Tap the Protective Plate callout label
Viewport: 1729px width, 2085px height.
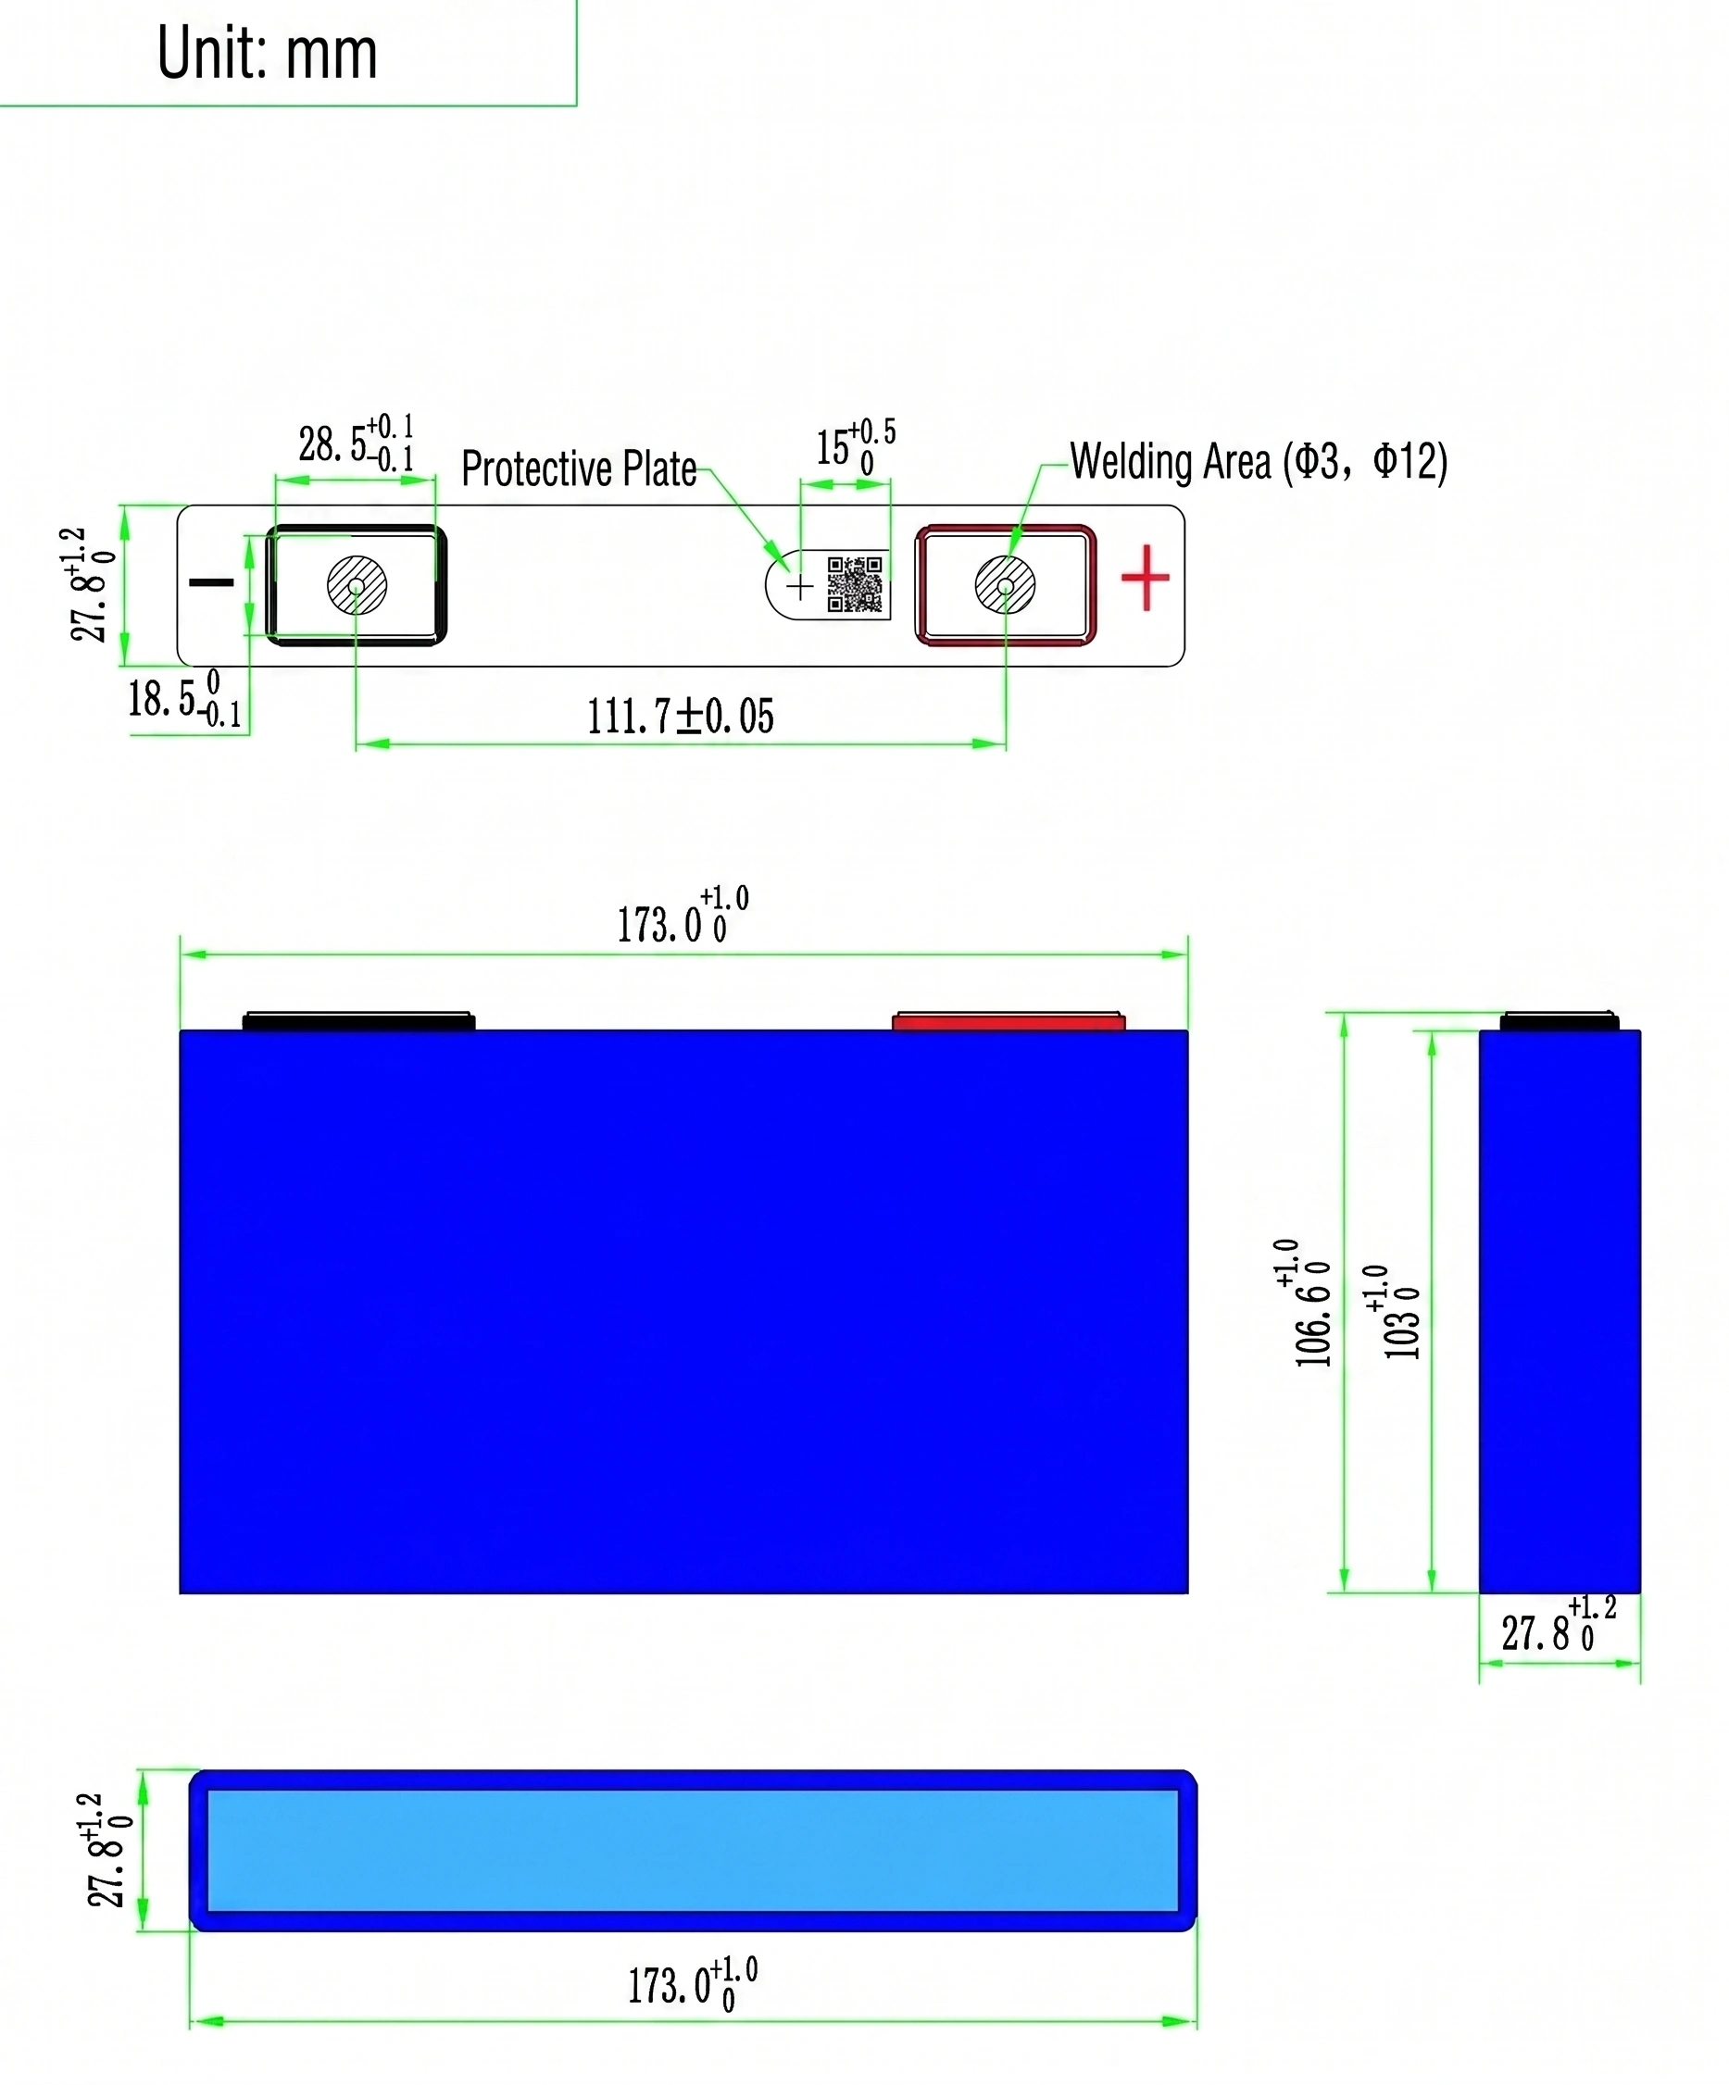point(578,468)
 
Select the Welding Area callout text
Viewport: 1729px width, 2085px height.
point(1259,461)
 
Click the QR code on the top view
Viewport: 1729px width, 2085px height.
point(854,584)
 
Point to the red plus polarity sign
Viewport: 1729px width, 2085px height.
point(1144,577)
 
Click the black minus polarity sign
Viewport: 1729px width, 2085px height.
point(211,581)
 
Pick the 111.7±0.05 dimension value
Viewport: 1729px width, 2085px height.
point(681,716)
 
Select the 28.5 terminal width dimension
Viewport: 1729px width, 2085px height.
point(357,443)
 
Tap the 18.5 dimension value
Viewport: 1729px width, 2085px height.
point(184,699)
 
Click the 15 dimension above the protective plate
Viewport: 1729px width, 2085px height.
point(855,447)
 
